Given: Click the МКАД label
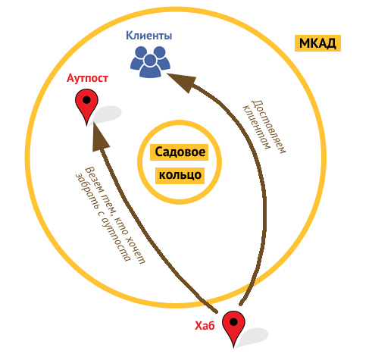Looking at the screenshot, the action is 317,43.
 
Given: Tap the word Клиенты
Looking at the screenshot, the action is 149,36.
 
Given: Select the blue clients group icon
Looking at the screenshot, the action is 150,61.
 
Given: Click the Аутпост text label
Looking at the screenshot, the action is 87,78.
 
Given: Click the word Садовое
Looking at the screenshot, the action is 180,152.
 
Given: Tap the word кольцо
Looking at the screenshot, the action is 180,175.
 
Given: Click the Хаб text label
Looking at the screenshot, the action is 205,326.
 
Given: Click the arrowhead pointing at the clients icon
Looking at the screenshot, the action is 183,82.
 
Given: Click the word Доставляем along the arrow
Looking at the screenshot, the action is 268,127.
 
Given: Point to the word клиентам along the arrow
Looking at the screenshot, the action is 256,127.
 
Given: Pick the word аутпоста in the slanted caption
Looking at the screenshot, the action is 116,240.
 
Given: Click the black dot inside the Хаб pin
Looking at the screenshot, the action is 233,322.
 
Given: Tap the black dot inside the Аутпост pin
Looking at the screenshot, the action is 86,99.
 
